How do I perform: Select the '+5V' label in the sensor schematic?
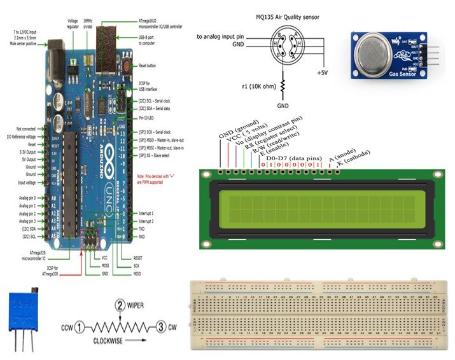(x=322, y=72)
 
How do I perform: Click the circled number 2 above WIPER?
(x=119, y=305)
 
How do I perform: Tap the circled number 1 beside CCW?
(x=78, y=328)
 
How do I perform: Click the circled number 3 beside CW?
(x=162, y=328)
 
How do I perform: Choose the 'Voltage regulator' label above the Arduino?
(x=73, y=24)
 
